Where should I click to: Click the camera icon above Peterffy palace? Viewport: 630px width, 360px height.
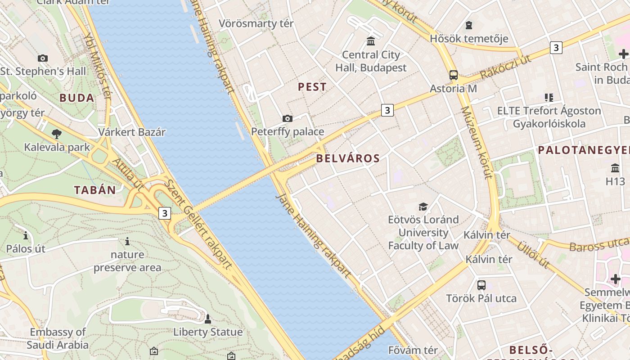point(288,119)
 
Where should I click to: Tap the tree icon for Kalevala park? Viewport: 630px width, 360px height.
point(56,134)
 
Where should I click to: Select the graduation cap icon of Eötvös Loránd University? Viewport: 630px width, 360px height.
point(423,207)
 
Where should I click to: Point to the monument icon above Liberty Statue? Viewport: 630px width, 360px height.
point(207,319)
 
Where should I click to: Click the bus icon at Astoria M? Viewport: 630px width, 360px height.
point(453,75)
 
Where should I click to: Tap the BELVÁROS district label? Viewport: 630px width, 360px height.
point(348,158)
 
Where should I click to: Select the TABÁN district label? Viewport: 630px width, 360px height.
point(95,190)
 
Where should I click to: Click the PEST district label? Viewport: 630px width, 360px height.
point(312,87)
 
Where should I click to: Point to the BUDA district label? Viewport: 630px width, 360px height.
point(77,98)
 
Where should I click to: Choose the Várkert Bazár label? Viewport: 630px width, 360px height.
point(132,132)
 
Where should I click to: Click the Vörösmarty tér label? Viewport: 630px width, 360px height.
point(256,23)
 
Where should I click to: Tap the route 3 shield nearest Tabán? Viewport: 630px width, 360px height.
point(165,213)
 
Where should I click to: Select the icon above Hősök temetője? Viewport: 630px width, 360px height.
point(469,25)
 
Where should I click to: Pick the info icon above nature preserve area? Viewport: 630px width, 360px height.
point(127,242)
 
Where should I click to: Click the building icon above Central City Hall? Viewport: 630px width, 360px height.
point(371,41)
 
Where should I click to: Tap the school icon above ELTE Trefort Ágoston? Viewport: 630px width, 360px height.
point(549,97)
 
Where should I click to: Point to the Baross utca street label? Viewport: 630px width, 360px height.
point(598,245)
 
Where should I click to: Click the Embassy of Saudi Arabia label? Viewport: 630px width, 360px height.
point(57,339)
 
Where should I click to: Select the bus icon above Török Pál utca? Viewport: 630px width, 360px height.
point(481,285)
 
